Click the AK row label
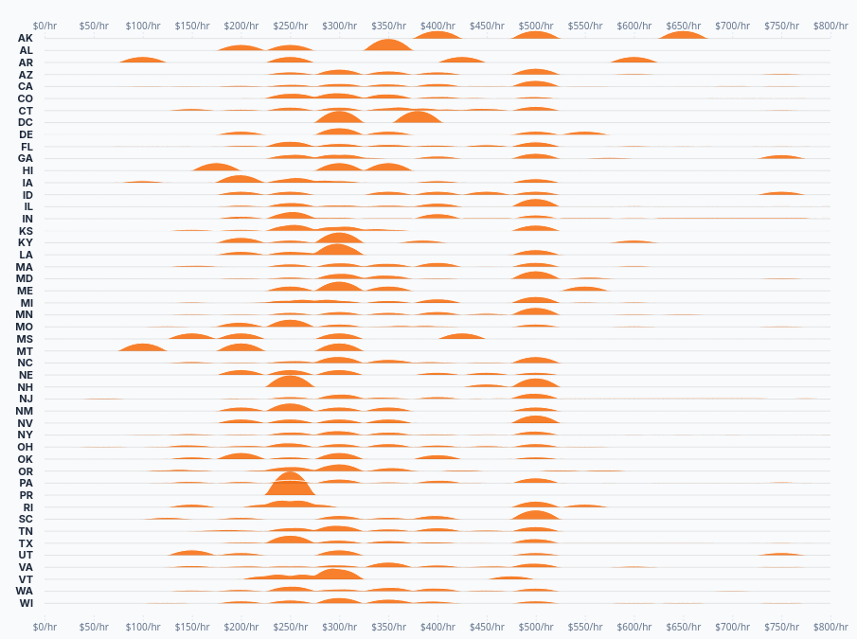[x=26, y=38]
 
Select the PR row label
[x=26, y=495]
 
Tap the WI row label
[x=26, y=603]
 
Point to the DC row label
[x=26, y=122]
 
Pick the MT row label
[x=26, y=351]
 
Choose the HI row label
[x=27, y=170]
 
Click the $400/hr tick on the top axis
[x=437, y=26]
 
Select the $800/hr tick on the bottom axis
[x=830, y=627]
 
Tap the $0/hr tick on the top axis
[x=45, y=26]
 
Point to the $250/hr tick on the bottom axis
[x=241, y=627]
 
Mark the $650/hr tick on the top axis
[x=683, y=26]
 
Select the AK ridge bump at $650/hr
[x=682, y=35]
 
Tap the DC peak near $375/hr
[x=417, y=117]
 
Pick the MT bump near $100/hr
[x=143, y=347]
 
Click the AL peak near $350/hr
[x=388, y=44]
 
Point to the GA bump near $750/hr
[x=781, y=156]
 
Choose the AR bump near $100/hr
[x=143, y=60]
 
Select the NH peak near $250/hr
[x=290, y=382]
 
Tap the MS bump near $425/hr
[x=461, y=336]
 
